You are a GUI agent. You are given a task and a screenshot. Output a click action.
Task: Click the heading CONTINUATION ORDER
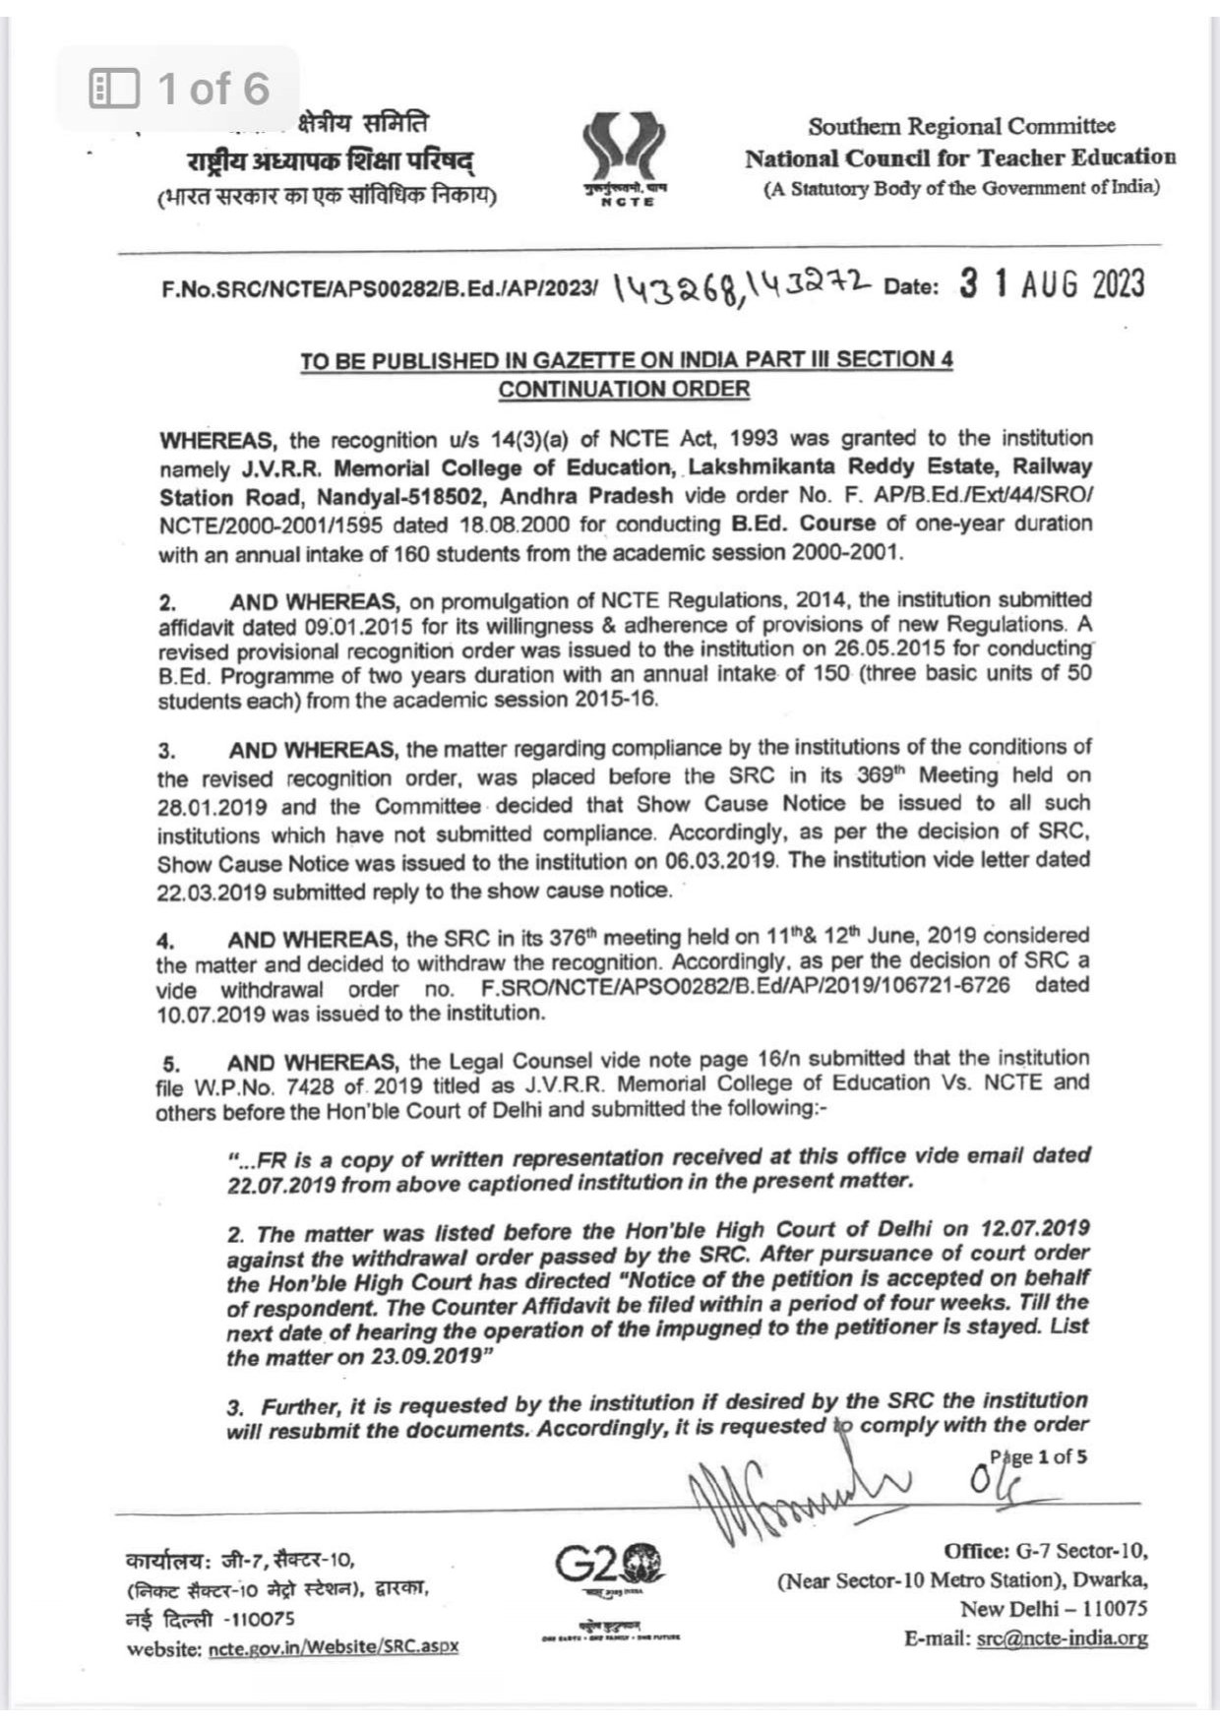pyautogui.click(x=624, y=389)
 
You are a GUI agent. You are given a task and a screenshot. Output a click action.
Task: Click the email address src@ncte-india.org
pyautogui.click(x=1062, y=1638)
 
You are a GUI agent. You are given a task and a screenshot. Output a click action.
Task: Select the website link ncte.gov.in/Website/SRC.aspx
pyautogui.click(x=334, y=1647)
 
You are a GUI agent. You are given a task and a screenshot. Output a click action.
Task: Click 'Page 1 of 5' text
pyautogui.click(x=1038, y=1457)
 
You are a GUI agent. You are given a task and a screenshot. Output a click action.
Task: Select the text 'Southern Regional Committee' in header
pyautogui.click(x=961, y=126)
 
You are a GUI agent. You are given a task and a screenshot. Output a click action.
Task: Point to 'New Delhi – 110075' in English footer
pyautogui.click(x=1053, y=1609)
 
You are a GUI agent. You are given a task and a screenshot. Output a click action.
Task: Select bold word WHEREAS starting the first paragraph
pyautogui.click(x=209, y=438)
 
